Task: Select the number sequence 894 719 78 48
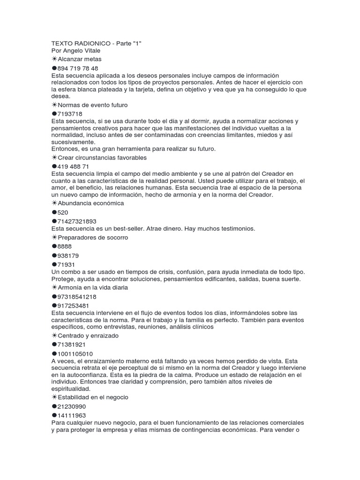(x=78, y=68)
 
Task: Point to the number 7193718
(x=70, y=114)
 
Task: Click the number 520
(x=63, y=212)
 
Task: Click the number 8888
(x=65, y=246)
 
